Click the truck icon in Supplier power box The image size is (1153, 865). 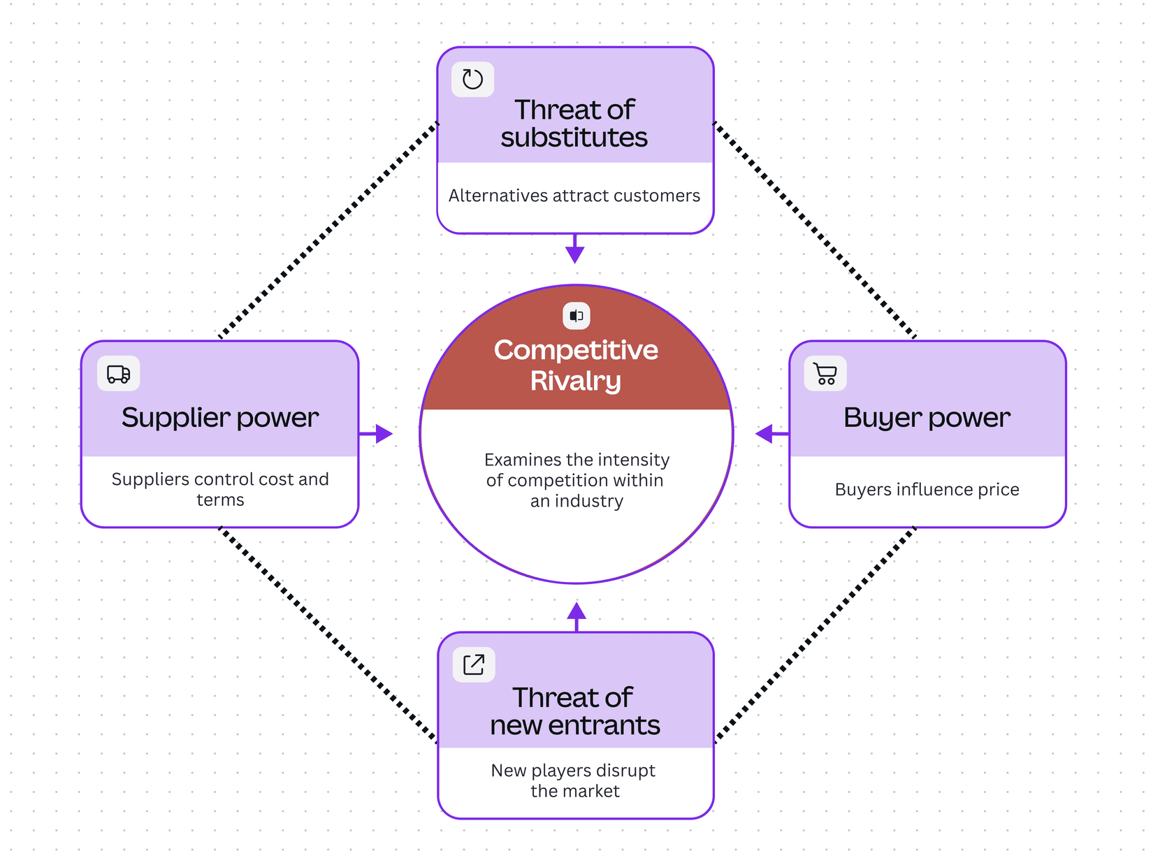(118, 374)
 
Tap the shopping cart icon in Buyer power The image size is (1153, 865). (825, 374)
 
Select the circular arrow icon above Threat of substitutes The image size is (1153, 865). (472, 79)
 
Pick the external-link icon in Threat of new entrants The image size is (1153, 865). (474, 664)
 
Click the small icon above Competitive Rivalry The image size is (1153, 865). (576, 316)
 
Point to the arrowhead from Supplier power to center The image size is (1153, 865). (384, 434)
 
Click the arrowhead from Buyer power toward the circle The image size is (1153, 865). (764, 434)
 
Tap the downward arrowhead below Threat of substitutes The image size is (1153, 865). (575, 254)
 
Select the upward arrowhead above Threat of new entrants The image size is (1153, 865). (576, 611)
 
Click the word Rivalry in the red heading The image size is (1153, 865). (575, 381)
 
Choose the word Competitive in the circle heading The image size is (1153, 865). (576, 350)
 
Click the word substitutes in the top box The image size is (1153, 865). (574, 138)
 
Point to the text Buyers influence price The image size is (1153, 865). (927, 489)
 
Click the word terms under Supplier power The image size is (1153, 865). (220, 500)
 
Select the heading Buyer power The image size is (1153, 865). (927, 418)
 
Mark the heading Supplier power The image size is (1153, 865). (220, 418)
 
